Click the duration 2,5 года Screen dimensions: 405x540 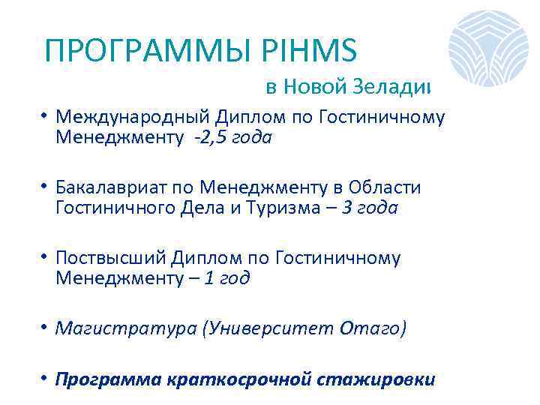(232, 138)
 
